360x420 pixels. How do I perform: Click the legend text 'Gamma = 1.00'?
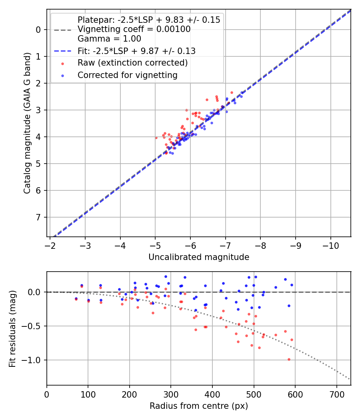click(109, 39)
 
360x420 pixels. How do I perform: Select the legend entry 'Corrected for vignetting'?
click(128, 75)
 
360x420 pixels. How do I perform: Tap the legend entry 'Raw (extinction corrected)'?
click(132, 63)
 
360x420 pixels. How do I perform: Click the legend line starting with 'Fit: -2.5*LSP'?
click(136, 51)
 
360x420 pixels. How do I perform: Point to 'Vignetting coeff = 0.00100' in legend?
click(134, 29)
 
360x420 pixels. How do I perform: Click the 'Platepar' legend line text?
click(149, 20)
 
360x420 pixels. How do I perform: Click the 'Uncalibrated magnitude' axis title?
click(199, 257)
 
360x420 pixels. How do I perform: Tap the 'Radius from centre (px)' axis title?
click(199, 406)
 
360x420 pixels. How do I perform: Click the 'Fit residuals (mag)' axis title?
click(12, 328)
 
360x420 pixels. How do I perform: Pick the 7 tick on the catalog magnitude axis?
click(39, 217)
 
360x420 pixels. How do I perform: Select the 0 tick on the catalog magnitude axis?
click(39, 30)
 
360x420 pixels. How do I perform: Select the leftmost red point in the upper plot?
click(156, 138)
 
